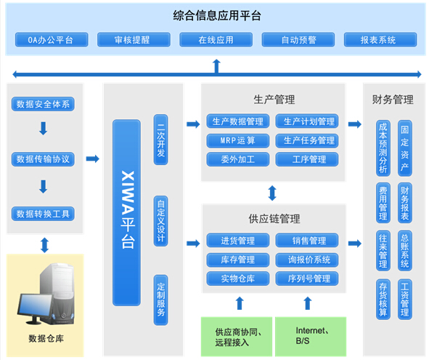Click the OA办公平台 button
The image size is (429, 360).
[50, 40]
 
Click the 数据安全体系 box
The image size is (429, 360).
[44, 104]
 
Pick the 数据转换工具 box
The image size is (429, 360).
[44, 214]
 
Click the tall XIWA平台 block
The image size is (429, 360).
[126, 211]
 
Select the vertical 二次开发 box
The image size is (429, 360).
[161, 142]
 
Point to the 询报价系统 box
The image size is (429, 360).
[307, 260]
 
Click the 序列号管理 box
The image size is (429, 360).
[307, 279]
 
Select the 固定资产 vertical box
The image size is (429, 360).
[405, 148]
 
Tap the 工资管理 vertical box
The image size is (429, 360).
[405, 299]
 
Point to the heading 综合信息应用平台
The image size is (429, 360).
[217, 15]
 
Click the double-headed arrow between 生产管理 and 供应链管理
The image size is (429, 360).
[272, 193]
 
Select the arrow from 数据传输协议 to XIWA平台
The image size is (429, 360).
[92, 158]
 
